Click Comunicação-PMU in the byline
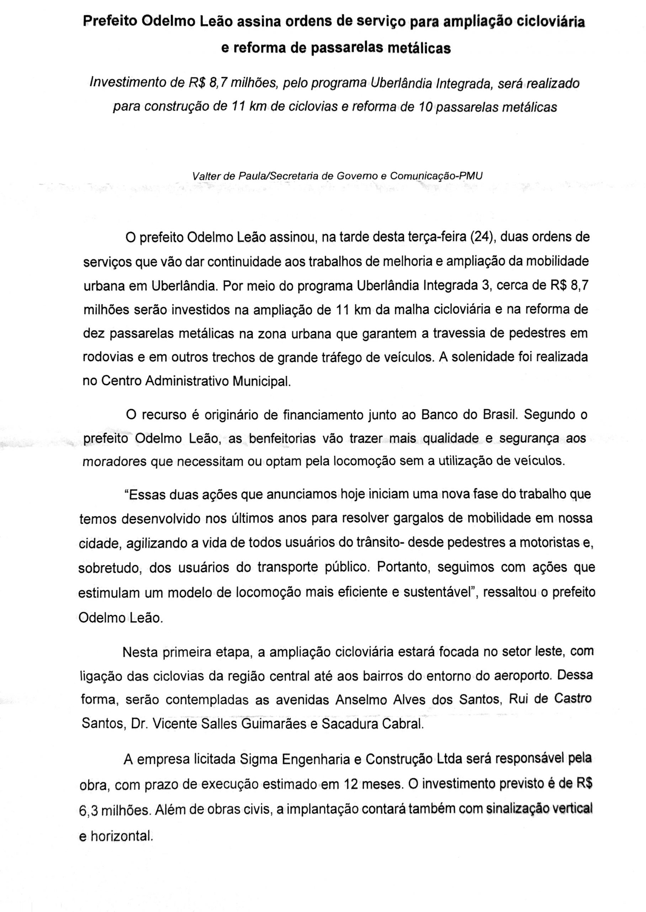click(437, 176)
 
